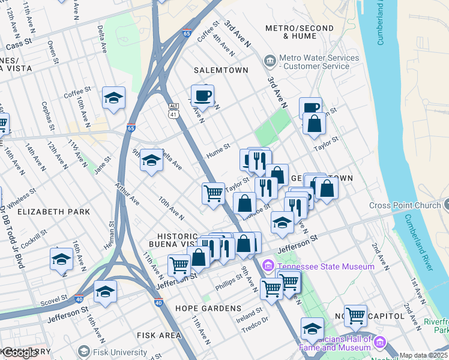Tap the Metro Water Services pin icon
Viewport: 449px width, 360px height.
(x=270, y=61)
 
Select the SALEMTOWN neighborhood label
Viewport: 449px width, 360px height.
(x=221, y=70)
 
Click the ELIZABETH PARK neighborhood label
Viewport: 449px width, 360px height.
(x=54, y=212)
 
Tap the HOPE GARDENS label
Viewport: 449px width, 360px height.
(x=208, y=308)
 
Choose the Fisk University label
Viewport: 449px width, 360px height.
(x=119, y=352)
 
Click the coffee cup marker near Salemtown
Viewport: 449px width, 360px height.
(x=203, y=96)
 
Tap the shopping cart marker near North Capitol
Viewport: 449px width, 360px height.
(x=355, y=314)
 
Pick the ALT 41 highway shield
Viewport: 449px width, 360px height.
(x=173, y=109)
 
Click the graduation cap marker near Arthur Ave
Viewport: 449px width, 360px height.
(x=152, y=160)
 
